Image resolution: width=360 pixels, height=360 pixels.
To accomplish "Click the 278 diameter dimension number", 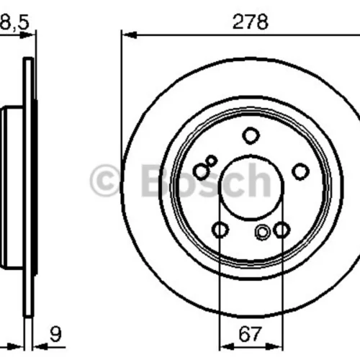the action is [x=251, y=22].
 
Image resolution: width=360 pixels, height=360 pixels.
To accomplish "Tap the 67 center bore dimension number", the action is [x=250, y=334].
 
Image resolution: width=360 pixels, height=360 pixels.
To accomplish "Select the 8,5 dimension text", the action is [x=14, y=22].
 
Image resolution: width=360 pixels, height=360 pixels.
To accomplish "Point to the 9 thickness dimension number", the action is [x=55, y=334].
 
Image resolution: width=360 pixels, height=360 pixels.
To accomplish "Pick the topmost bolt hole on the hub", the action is [x=251, y=136].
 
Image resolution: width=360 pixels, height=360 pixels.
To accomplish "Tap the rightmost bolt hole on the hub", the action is [x=301, y=171].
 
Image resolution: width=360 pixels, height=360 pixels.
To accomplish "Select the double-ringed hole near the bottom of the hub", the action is [x=263, y=233].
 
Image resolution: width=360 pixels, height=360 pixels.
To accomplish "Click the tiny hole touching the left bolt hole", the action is [x=212, y=161].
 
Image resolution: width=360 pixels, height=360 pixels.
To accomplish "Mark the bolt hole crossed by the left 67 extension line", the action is [x=220, y=230].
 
